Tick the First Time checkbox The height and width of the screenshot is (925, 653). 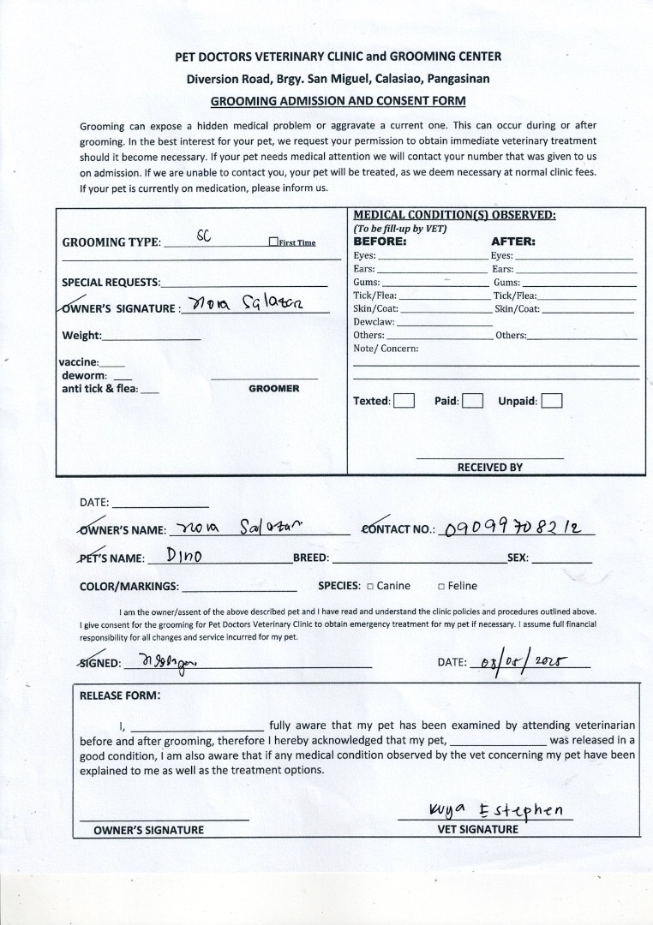click(x=273, y=242)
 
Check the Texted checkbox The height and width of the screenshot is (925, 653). click(x=404, y=401)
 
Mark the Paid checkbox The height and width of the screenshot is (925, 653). click(x=473, y=401)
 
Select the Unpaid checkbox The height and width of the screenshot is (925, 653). click(x=552, y=401)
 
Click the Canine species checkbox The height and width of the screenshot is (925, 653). click(x=370, y=587)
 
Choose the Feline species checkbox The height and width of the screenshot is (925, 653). click(x=440, y=587)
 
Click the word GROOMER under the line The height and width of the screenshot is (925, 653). click(x=273, y=389)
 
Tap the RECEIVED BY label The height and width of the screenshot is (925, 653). click(x=489, y=468)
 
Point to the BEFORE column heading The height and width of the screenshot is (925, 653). click(x=380, y=242)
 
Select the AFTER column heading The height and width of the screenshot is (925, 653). click(x=512, y=242)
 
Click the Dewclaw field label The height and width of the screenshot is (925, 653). click(x=374, y=322)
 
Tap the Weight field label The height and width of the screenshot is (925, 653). click(x=81, y=336)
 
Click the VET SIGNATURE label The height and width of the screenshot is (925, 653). click(x=477, y=829)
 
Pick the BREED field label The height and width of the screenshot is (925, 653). click(x=310, y=558)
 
